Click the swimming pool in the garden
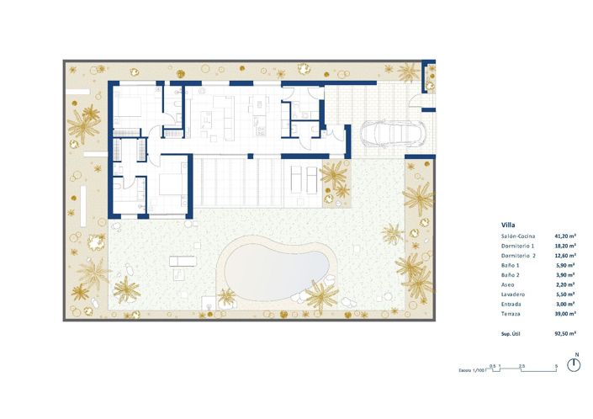click(276, 268)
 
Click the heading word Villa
click(508, 225)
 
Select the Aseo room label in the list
click(508, 284)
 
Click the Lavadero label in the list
click(513, 294)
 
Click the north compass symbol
click(575, 364)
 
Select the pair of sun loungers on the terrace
click(303, 178)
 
